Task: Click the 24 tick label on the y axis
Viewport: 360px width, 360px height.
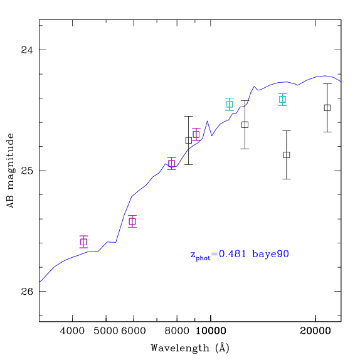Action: tap(27, 50)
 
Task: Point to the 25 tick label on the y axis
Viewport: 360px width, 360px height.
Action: tap(27, 171)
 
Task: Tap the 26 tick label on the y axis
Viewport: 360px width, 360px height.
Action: tap(27, 292)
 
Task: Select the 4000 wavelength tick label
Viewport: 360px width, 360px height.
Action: tap(72, 331)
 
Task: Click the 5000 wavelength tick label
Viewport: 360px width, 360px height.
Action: tap(106, 331)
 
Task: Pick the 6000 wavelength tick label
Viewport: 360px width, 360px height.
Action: tap(134, 331)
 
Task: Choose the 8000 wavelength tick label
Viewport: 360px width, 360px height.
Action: tap(177, 331)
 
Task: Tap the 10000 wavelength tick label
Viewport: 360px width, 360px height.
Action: tap(211, 331)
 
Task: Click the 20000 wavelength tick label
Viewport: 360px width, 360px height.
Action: tap(315, 331)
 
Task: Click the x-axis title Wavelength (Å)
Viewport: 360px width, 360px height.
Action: tap(190, 348)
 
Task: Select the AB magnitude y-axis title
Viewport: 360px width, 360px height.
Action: tap(10, 171)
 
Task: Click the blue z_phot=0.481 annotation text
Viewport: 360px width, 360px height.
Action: tap(218, 255)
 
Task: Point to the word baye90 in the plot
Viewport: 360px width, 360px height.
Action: tap(270, 254)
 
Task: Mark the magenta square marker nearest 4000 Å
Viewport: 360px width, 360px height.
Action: tap(84, 242)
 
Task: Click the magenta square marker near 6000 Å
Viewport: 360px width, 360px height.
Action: tap(132, 221)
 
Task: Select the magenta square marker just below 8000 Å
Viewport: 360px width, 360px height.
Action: tap(172, 163)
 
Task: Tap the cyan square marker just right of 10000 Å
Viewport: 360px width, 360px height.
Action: tap(230, 104)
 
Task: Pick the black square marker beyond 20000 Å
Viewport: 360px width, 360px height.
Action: tap(327, 108)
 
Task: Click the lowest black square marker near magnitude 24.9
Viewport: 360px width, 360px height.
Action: tap(287, 155)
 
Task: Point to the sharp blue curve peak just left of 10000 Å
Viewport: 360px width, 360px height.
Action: tap(208, 121)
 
